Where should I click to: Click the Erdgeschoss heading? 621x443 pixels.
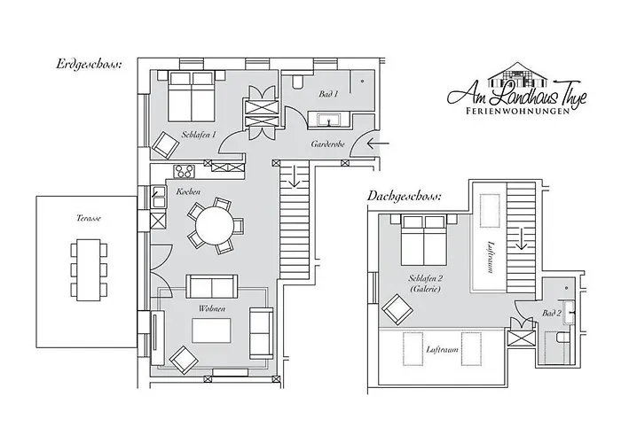90,64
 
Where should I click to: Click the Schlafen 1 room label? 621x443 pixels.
199,135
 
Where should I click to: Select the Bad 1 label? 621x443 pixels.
328,93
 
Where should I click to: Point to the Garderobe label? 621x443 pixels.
327,143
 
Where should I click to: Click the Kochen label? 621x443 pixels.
188,192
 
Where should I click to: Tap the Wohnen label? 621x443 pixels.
212,308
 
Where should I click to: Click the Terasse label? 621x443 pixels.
89,217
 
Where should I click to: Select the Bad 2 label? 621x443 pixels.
552,314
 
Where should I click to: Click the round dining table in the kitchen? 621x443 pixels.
214,225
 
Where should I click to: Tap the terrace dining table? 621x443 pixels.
88,268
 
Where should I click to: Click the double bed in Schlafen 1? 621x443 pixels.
190,97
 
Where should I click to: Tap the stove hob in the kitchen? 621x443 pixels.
185,172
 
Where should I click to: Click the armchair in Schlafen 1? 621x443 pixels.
166,143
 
